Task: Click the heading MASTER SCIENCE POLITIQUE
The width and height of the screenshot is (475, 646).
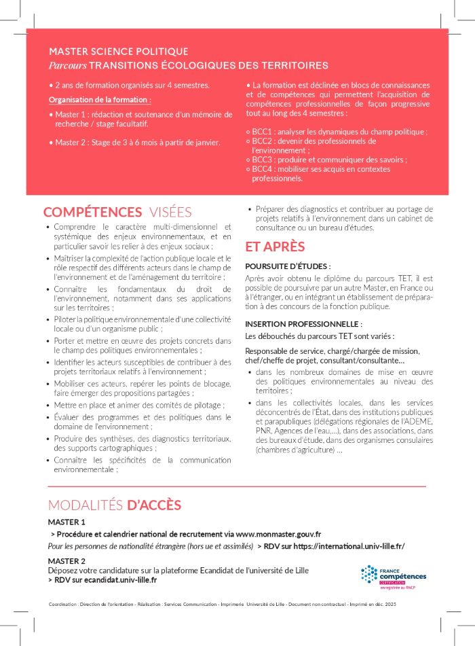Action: [x=118, y=52]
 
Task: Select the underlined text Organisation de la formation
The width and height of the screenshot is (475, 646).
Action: [x=99, y=101]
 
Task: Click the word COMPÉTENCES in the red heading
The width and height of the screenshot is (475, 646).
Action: [x=92, y=213]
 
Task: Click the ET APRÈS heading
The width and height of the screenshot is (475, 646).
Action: [x=275, y=247]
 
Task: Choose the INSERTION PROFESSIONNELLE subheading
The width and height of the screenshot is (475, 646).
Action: [x=303, y=324]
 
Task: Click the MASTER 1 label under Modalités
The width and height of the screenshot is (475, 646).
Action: [x=66, y=522]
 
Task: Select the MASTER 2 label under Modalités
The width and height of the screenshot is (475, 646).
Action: [x=66, y=561]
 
